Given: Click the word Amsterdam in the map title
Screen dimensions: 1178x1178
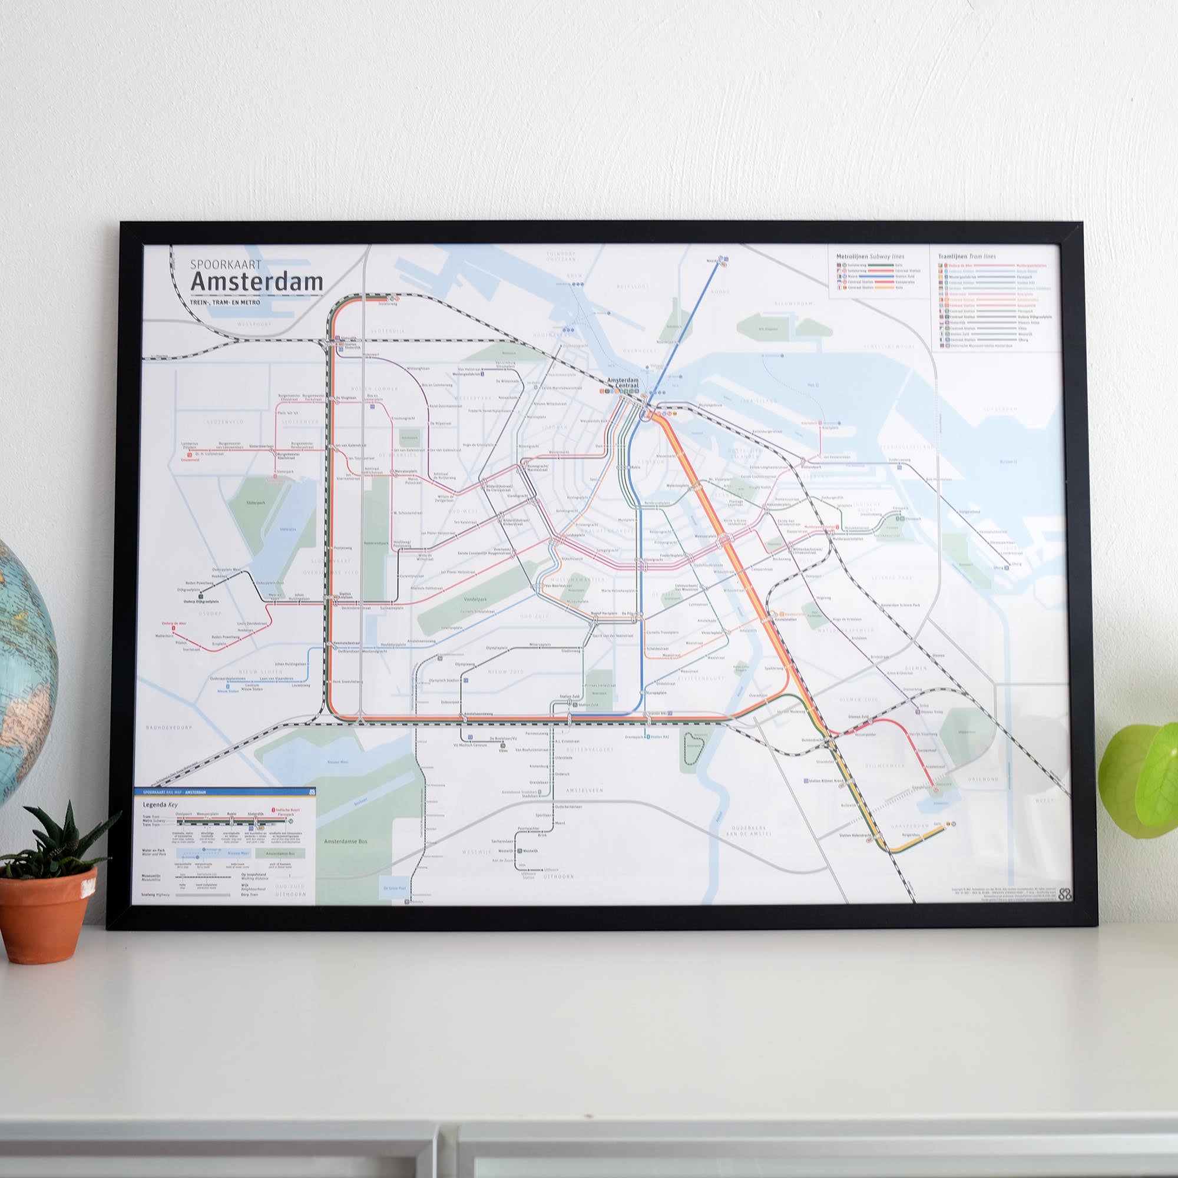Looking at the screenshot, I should coord(257,282).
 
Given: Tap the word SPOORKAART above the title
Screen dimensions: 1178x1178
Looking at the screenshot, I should coord(226,264).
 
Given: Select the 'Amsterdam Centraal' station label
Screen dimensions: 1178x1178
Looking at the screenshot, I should coord(623,383).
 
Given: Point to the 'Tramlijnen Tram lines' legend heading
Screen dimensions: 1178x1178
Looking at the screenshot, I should coord(967,256).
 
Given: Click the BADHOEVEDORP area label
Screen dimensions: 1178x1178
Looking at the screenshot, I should coord(169,727).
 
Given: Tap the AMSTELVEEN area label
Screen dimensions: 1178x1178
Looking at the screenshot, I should coord(584,790).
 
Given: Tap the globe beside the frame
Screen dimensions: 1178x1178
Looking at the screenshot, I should coord(24,664).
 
